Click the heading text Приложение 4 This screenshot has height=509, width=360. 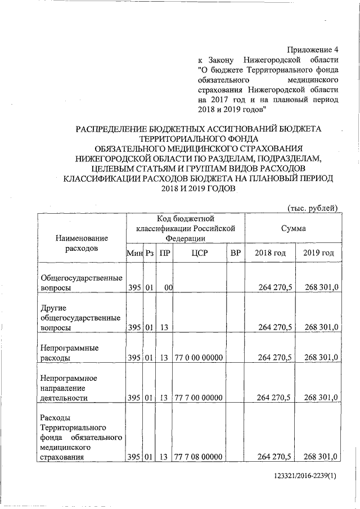click(x=311, y=49)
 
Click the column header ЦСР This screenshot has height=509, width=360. click(x=200, y=253)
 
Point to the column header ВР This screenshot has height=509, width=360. click(x=236, y=253)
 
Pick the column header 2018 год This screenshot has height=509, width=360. click(x=271, y=253)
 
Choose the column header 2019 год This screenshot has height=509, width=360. click(x=318, y=253)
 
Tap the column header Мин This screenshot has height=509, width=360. click(x=134, y=253)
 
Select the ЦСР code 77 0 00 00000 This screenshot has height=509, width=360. click(x=199, y=357)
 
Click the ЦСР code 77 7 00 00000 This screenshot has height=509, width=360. click(x=199, y=398)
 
